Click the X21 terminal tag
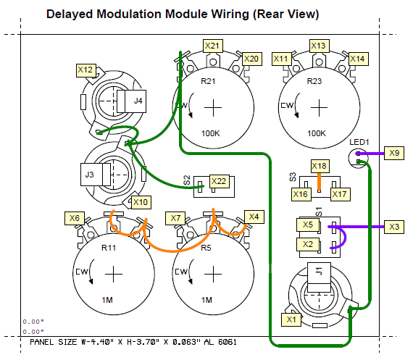(x=213, y=46)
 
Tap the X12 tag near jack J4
(x=86, y=70)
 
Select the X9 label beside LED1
(x=394, y=153)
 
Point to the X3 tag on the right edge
(x=394, y=227)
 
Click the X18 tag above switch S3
(x=320, y=166)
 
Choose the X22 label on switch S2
(x=219, y=181)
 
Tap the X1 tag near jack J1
(x=291, y=319)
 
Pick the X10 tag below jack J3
(x=141, y=202)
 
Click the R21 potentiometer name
(x=208, y=81)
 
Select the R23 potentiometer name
(x=314, y=81)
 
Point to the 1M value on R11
(x=107, y=300)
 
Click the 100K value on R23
(x=317, y=133)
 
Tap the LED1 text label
(x=359, y=142)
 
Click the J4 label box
(x=135, y=101)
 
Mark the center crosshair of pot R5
(x=213, y=274)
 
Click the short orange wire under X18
(x=320, y=182)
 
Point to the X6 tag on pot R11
(x=75, y=218)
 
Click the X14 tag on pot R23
(x=359, y=59)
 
